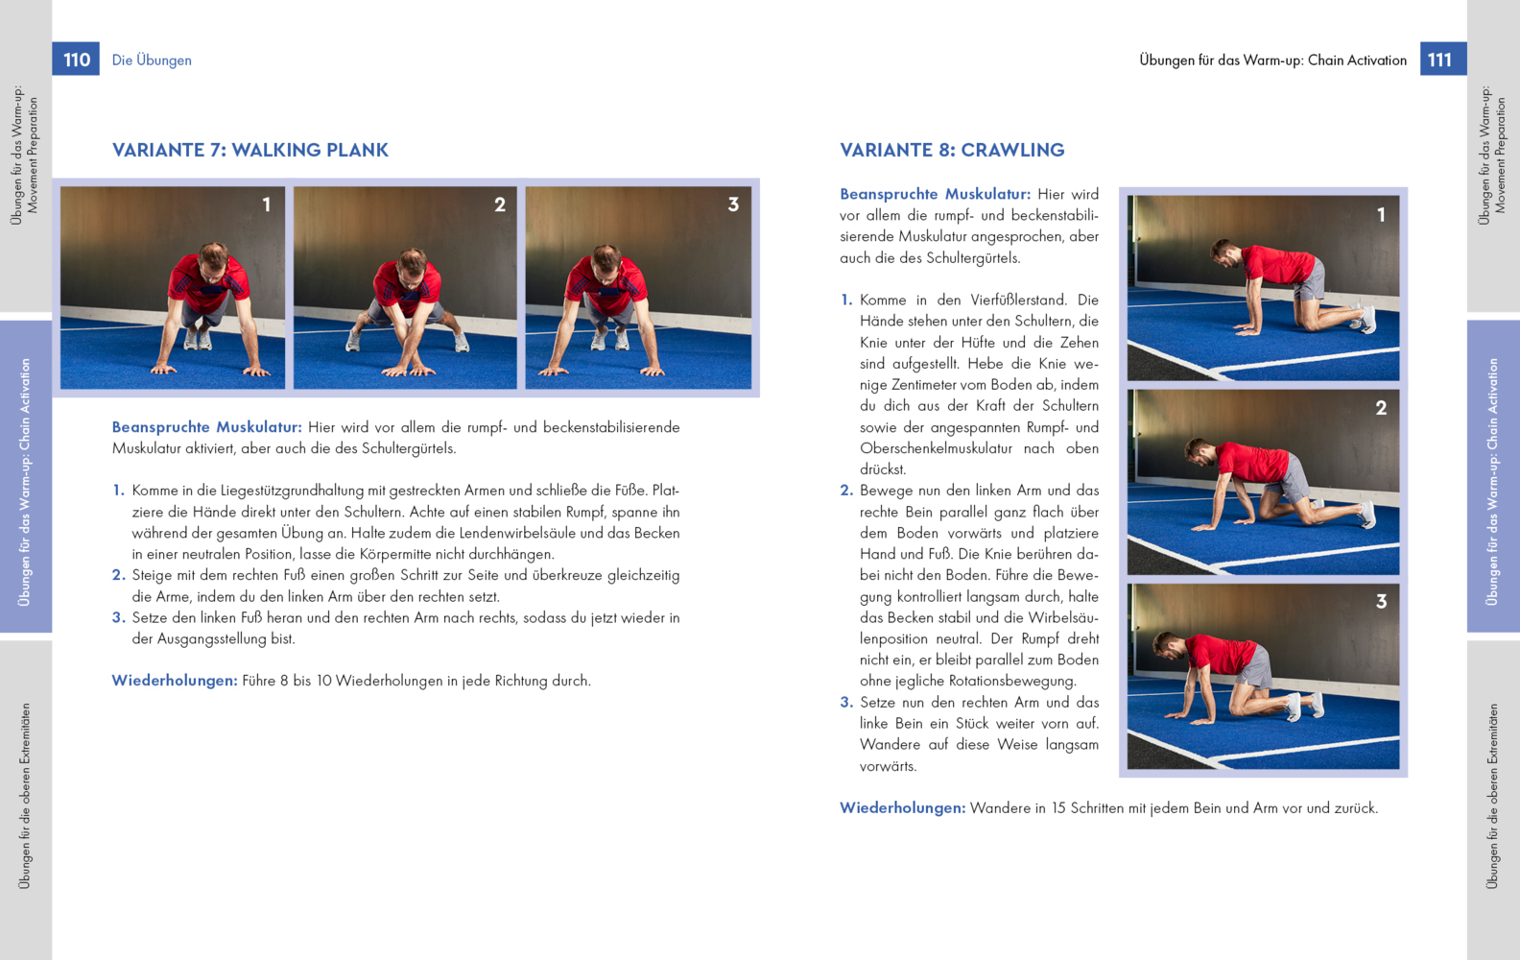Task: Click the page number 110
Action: click(x=76, y=60)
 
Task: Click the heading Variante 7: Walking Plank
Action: click(x=250, y=150)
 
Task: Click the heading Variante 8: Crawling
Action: click(x=952, y=150)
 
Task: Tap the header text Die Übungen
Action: click(x=152, y=60)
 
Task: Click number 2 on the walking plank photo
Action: click(x=500, y=204)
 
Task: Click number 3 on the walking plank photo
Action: click(x=733, y=204)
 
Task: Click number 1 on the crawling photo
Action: click(x=1381, y=215)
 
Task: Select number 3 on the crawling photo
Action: click(x=1381, y=602)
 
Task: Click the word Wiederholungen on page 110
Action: click(x=174, y=681)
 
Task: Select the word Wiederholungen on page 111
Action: click(x=902, y=808)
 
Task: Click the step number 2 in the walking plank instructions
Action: click(x=118, y=575)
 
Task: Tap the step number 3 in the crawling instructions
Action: click(x=846, y=703)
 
